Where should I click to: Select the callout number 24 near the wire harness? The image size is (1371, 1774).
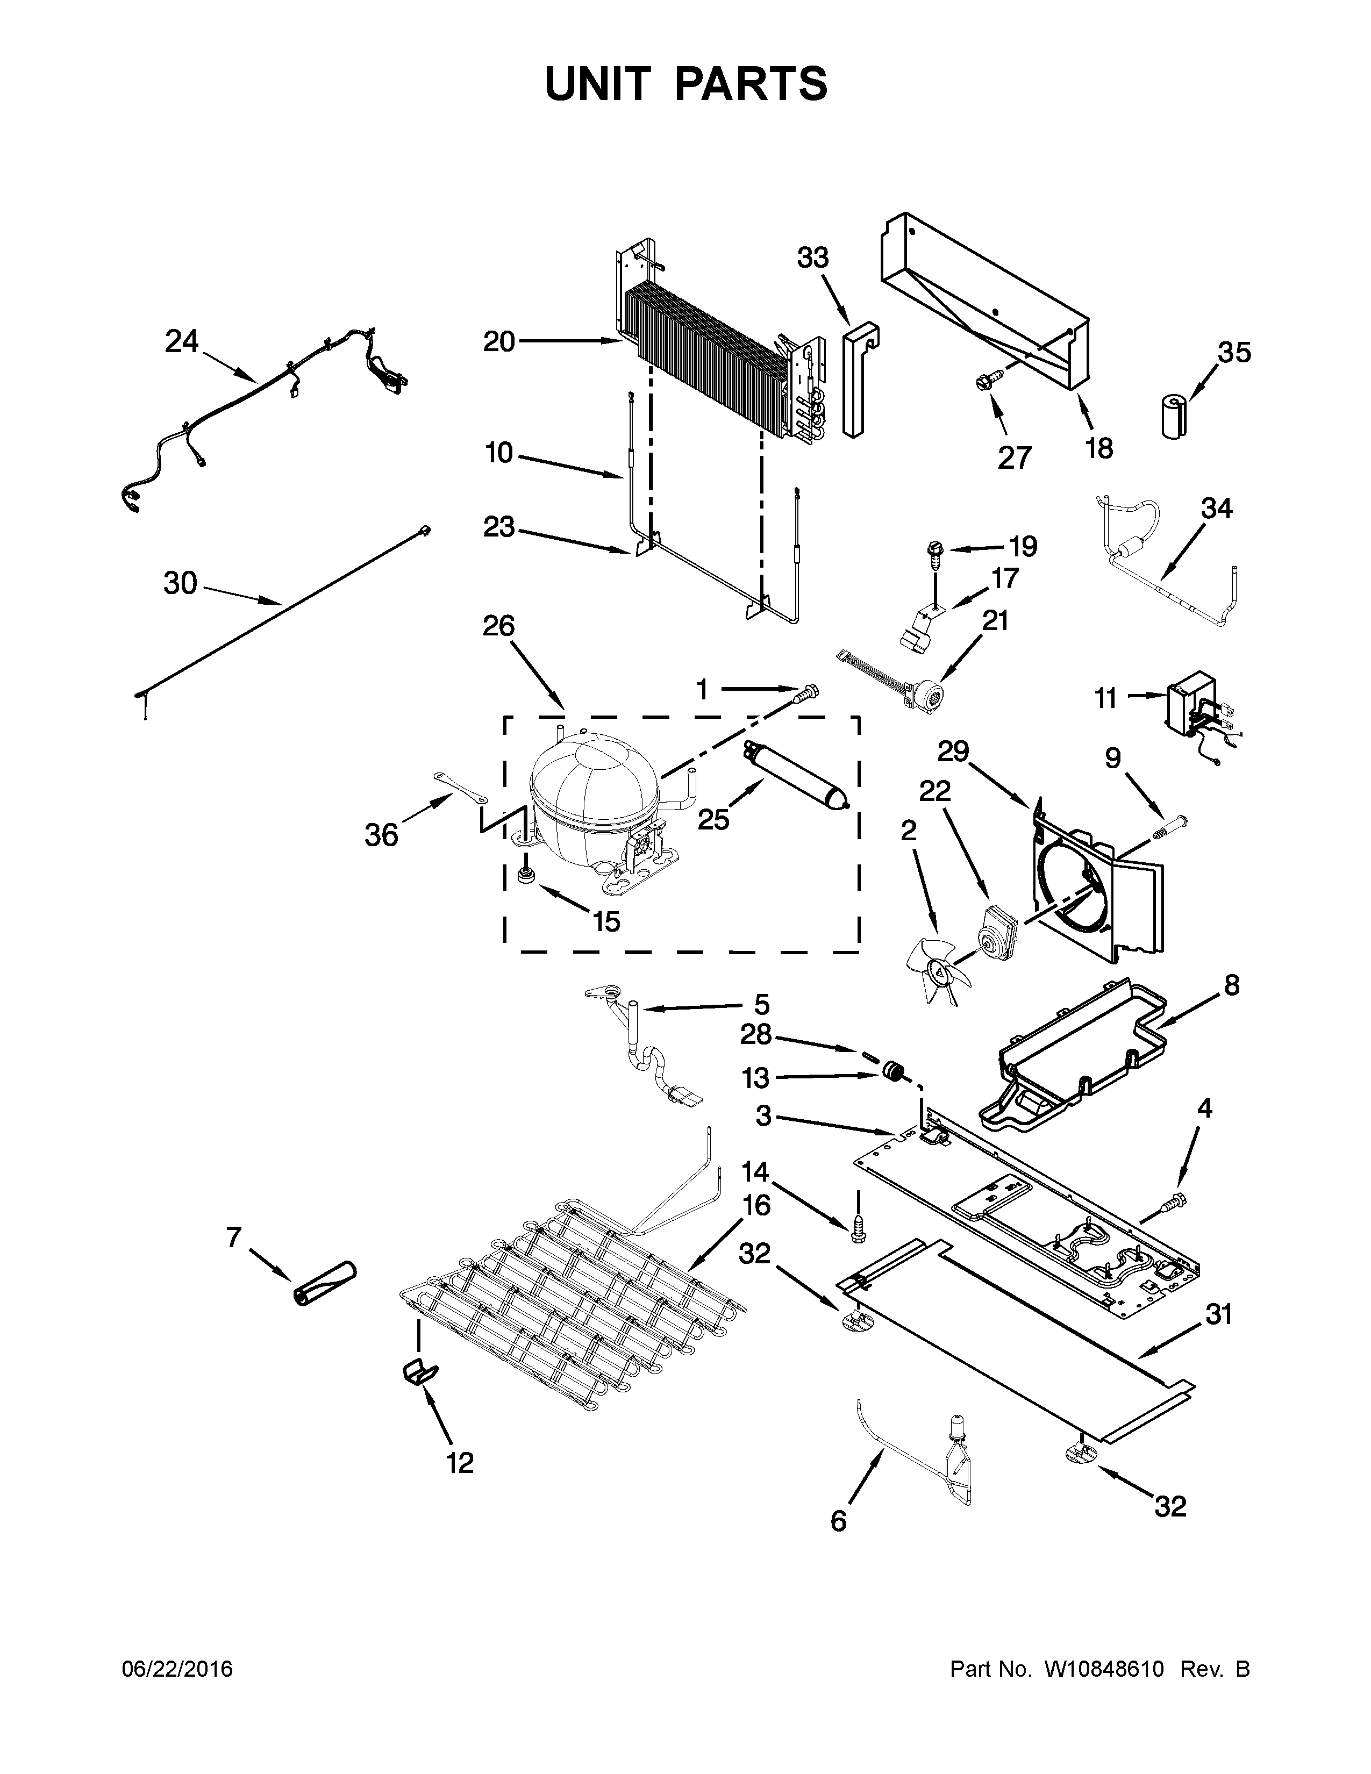[x=181, y=342]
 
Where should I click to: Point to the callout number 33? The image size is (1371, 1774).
[x=812, y=258]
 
